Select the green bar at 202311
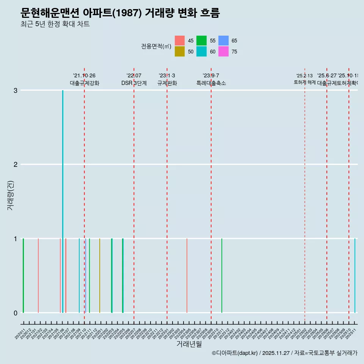tap(222, 276)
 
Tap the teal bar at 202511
tap(355, 276)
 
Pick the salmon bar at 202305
tap(187, 276)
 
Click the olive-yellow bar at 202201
tap(100, 276)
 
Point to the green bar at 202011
tap(23, 276)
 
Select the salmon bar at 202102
tap(38, 276)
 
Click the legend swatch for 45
tap(180, 41)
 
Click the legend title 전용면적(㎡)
tap(156, 46)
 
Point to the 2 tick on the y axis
tap(15, 164)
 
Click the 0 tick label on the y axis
tap(15, 313)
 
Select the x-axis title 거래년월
tap(189, 344)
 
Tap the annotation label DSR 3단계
tap(134, 83)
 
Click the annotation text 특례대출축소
tap(211, 83)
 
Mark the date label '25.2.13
tap(304, 76)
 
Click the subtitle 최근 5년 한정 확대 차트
tap(55, 24)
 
